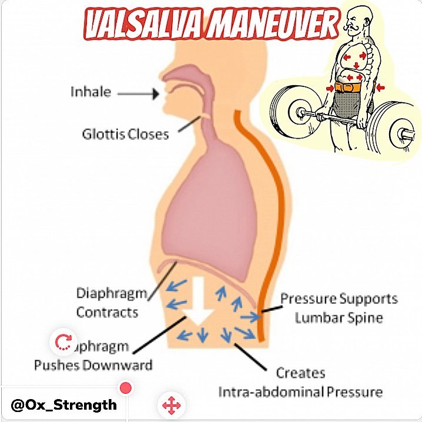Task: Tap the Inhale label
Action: [x=91, y=92]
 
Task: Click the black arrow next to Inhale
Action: [x=140, y=93]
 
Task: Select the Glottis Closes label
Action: [x=125, y=134]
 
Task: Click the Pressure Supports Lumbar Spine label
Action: [x=338, y=308]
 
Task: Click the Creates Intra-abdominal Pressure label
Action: [x=300, y=382]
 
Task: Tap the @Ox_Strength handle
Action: [x=63, y=405]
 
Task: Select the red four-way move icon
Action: [x=170, y=405]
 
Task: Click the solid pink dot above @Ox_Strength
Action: [x=125, y=388]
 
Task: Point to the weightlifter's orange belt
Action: [x=351, y=88]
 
